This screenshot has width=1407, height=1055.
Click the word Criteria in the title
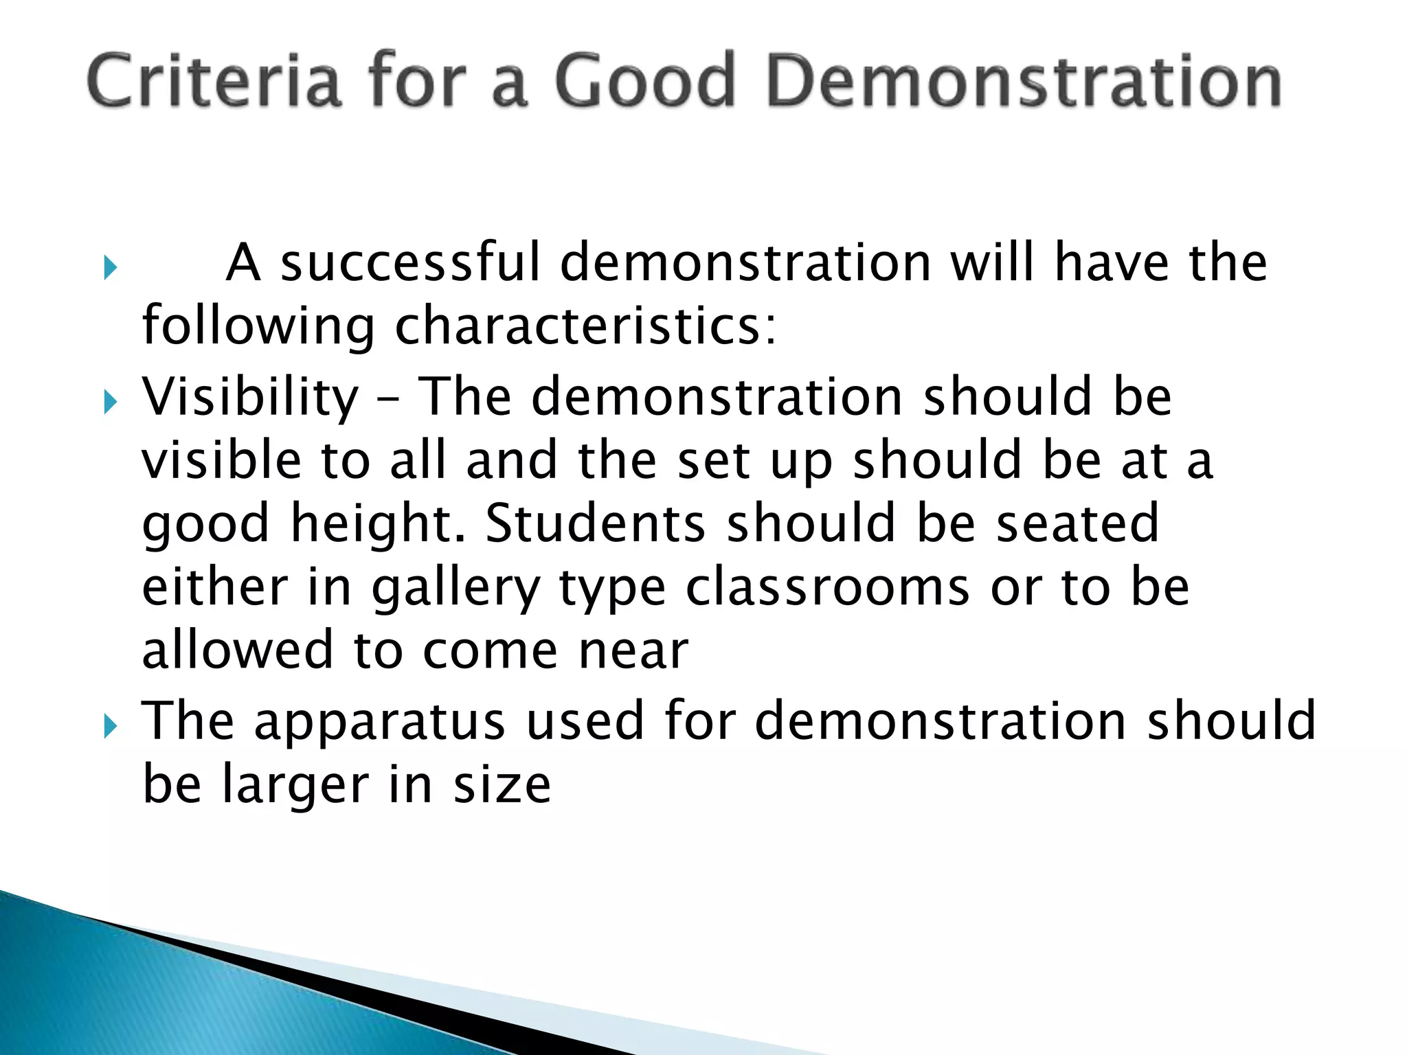(214, 81)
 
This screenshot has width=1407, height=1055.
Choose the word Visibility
(250, 397)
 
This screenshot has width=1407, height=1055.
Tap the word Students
(595, 523)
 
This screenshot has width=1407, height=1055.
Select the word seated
(1077, 523)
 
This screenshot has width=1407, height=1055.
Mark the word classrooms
(828, 588)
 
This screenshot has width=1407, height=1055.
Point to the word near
(633, 651)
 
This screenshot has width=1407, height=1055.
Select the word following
(258, 327)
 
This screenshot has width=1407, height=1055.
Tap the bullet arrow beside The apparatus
(110, 726)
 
